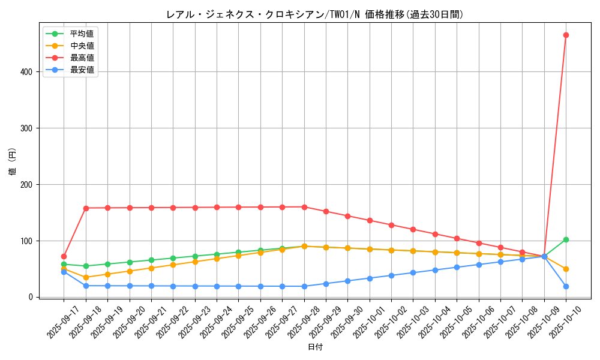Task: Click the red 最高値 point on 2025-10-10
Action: (566, 35)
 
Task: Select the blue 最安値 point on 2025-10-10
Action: (566, 286)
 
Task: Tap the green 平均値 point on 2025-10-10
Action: (566, 239)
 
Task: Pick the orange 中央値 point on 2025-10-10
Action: (566, 269)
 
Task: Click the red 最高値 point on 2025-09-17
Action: (64, 256)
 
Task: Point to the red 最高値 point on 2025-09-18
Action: (86, 208)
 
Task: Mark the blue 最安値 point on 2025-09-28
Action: (304, 286)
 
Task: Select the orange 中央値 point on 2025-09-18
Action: (86, 277)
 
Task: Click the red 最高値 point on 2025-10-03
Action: (413, 229)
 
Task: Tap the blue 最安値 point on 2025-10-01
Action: (370, 278)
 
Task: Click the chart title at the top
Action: (314, 14)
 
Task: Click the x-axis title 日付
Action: (315, 347)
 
